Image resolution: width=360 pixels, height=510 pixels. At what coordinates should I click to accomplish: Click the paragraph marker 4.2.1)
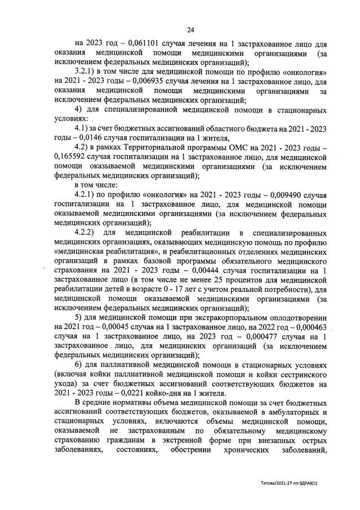tap(89, 194)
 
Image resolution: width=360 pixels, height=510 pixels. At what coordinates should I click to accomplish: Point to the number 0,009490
tap(262, 194)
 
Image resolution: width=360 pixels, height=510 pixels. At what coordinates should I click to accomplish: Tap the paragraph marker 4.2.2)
tap(89, 233)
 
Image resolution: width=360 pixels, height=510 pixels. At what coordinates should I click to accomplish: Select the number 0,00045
tap(112, 326)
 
